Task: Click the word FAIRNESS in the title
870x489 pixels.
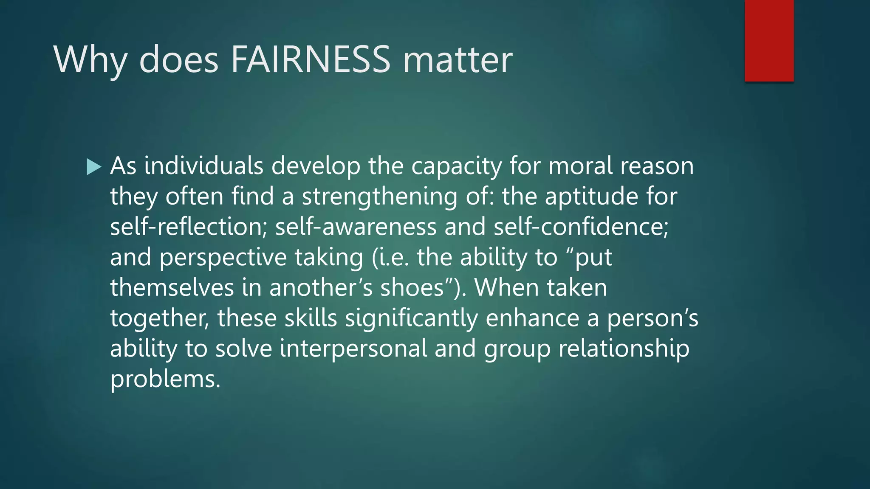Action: click(x=310, y=59)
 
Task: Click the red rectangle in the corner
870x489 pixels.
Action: click(x=769, y=40)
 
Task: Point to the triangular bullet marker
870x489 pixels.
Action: click(x=93, y=167)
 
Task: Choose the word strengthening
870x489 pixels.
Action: click(x=380, y=197)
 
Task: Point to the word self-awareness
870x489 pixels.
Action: click(x=356, y=227)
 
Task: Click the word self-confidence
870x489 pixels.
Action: click(x=581, y=227)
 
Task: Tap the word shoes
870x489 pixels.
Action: click(x=412, y=287)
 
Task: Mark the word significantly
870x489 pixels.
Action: click(x=411, y=318)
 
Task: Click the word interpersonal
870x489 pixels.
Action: click(x=353, y=349)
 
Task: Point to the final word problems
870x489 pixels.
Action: click(x=165, y=379)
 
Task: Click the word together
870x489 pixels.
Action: click(x=159, y=318)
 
